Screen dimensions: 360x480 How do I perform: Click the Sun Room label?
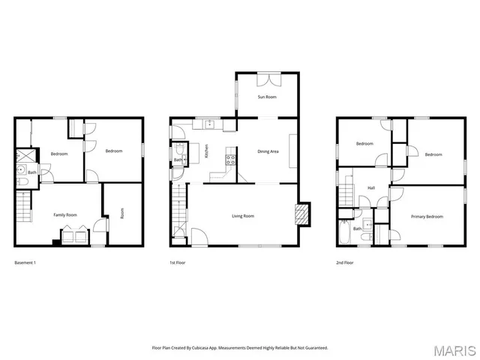pos(268,97)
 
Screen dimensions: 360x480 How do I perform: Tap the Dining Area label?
pos(268,151)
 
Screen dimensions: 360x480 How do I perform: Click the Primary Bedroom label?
pos(427,217)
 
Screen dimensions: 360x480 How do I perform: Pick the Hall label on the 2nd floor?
pos(370,188)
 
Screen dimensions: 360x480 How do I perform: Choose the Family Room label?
pos(65,215)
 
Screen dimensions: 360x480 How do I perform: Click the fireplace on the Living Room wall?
pos(301,214)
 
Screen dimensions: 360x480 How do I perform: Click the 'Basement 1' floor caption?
pos(25,262)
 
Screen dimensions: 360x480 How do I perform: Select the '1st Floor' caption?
pos(178,262)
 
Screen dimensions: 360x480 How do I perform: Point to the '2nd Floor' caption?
pos(346,262)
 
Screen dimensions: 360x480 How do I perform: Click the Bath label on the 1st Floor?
pos(178,160)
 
